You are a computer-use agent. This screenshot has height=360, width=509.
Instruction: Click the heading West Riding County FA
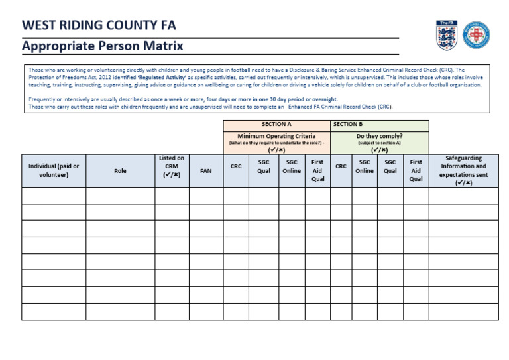point(99,25)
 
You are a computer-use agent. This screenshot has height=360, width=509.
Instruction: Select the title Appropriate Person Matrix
point(102,46)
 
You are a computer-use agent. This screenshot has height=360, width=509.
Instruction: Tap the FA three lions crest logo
point(445,34)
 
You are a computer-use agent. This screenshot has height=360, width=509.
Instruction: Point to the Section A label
point(276,124)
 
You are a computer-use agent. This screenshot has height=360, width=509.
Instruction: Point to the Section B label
point(348,124)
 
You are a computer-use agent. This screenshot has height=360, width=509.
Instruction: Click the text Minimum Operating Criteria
point(276,136)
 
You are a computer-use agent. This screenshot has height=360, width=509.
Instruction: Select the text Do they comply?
point(379,136)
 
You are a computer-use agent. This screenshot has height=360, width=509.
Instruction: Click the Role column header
point(120,171)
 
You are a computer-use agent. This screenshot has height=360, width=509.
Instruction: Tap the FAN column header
point(205,171)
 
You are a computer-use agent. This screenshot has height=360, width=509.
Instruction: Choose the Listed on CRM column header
point(172,167)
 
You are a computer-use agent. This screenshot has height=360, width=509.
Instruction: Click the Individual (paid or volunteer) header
point(54,170)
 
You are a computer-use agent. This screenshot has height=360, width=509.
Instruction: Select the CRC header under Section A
point(236,167)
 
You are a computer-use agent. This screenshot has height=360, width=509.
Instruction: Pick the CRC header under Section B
point(341,167)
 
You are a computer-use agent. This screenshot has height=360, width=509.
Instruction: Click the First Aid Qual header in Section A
point(317,170)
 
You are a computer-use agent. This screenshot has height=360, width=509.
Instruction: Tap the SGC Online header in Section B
point(365,166)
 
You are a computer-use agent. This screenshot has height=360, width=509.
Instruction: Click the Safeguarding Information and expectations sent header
point(463,170)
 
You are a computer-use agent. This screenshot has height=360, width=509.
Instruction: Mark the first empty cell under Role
point(120,196)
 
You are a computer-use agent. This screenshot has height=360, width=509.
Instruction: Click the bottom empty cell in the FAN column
point(205,312)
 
